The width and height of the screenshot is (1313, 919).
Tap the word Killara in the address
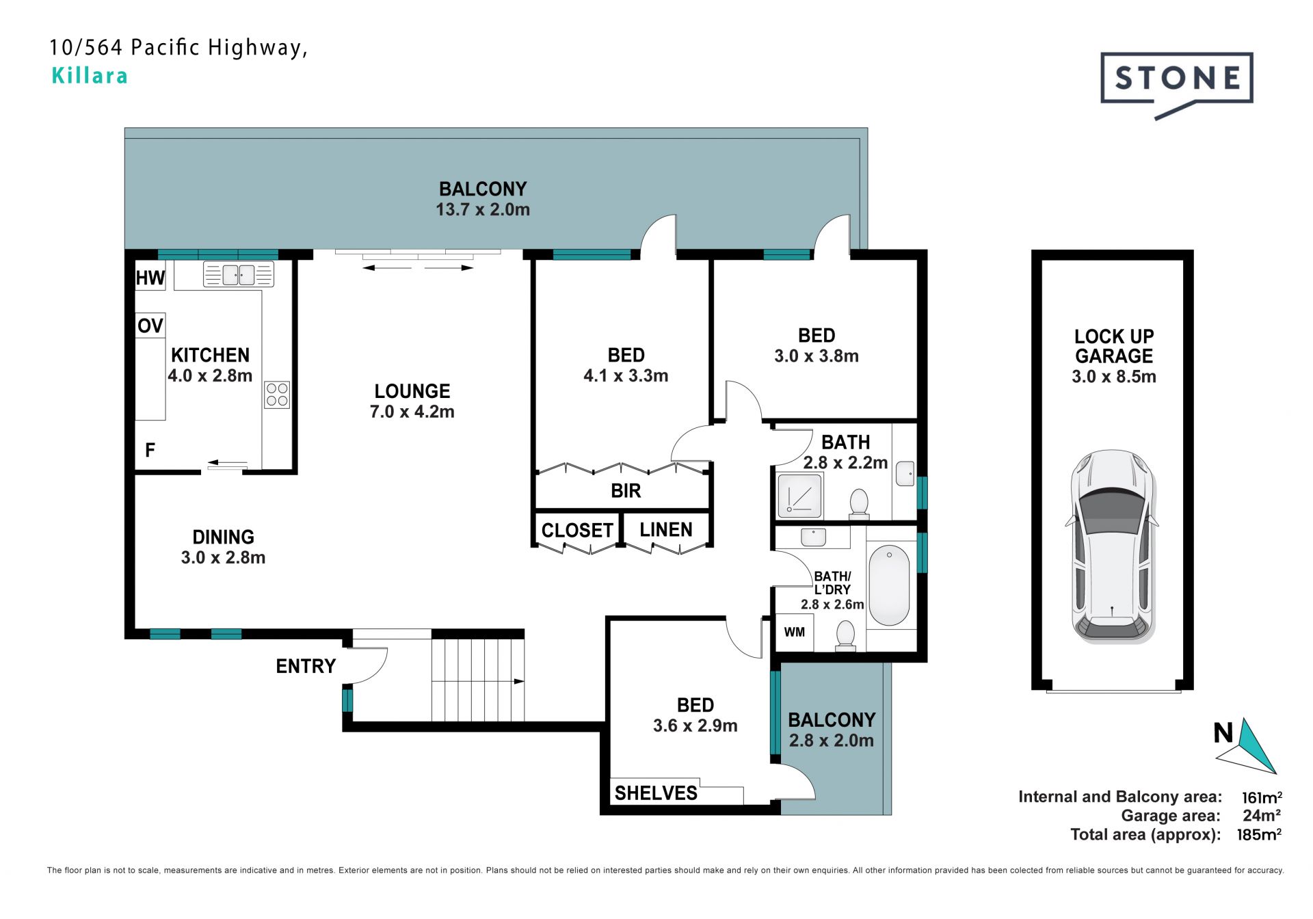[x=90, y=75]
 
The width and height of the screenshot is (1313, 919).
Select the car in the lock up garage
[x=1113, y=546]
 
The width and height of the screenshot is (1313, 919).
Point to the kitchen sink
[x=239, y=275]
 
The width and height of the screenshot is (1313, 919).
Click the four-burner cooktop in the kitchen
[x=277, y=395]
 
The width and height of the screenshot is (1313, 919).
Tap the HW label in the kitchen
[x=150, y=278]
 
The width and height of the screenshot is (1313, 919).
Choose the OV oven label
[x=150, y=325]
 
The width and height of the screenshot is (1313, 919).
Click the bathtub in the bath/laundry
[x=889, y=585]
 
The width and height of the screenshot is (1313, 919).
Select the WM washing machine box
[x=794, y=632]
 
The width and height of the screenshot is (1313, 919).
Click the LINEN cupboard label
[x=666, y=530]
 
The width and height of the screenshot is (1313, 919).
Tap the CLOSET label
[x=577, y=531]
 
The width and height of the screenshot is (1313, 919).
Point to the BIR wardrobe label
[x=626, y=491]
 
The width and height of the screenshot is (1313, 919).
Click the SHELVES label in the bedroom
[x=656, y=793]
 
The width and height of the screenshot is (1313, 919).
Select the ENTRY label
[x=306, y=666]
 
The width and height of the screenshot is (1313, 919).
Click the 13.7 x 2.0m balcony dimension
[x=483, y=210]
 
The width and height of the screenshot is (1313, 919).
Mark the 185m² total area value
[x=1259, y=834]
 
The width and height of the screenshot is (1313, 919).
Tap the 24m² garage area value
[x=1262, y=815]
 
